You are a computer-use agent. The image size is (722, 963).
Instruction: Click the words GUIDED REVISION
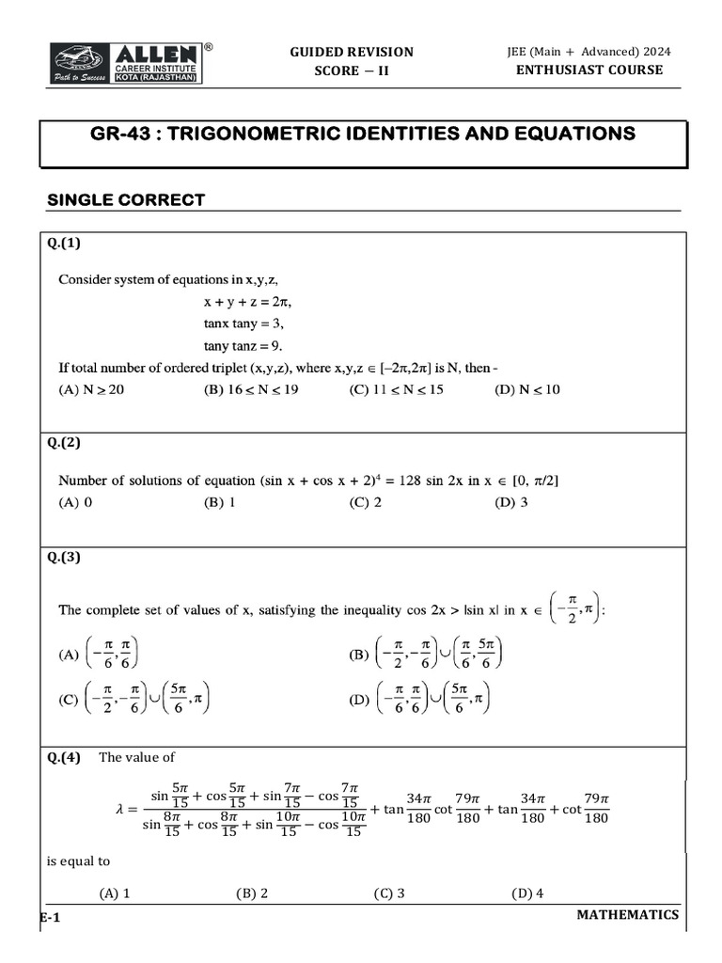click(351, 52)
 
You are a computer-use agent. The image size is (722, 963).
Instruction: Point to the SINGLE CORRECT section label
click(126, 200)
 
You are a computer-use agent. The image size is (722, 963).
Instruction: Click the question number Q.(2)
click(65, 443)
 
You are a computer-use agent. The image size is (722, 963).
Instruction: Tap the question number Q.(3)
click(65, 557)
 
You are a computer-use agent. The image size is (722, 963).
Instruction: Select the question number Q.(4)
click(65, 757)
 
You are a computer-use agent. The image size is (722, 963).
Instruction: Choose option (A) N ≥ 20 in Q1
click(91, 389)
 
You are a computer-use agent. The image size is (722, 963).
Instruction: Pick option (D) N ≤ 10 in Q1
click(526, 389)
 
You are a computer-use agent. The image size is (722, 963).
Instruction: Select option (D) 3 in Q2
click(510, 502)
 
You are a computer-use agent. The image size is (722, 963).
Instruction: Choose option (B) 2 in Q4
click(254, 893)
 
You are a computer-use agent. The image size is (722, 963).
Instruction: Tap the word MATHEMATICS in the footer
click(627, 914)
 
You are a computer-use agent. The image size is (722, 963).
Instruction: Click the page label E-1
click(50, 917)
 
